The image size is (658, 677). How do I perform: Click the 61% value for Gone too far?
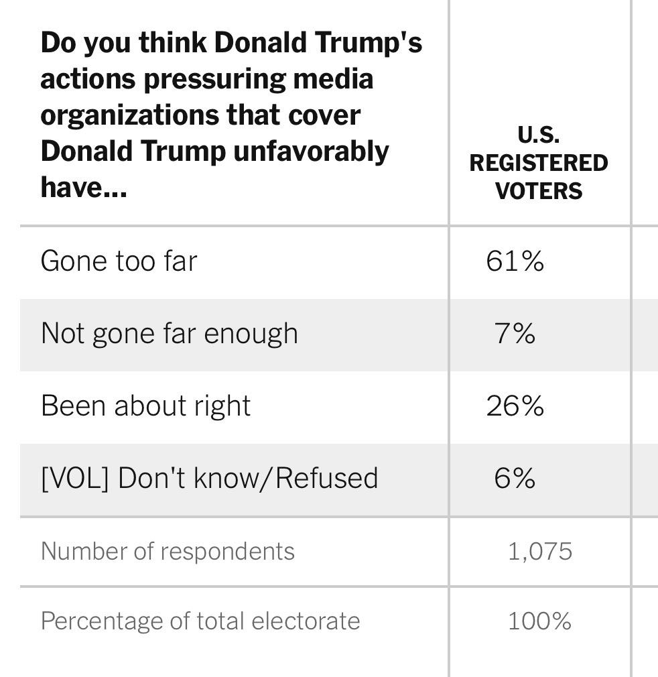[515, 261]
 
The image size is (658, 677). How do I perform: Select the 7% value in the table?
[515, 333]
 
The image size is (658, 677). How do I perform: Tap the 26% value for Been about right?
[515, 406]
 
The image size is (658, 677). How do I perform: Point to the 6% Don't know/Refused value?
[515, 478]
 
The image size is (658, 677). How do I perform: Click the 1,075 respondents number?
[539, 551]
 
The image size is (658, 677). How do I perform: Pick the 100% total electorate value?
[539, 621]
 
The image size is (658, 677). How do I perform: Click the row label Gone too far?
[119, 261]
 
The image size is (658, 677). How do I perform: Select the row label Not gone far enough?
[169, 333]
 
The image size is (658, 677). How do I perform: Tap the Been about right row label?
[145, 406]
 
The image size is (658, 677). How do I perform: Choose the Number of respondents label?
[168, 551]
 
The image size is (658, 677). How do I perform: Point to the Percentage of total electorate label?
[200, 621]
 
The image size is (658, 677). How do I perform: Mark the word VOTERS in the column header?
[539, 191]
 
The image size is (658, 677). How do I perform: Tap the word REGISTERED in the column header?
[539, 163]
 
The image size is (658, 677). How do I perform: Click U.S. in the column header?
[539, 135]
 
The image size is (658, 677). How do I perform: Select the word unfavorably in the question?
[311, 151]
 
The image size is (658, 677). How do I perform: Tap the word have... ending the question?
[83, 188]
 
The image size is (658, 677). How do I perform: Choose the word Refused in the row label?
[327, 478]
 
